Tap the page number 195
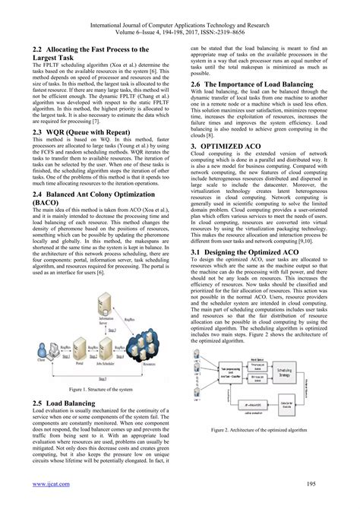(322, 482)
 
